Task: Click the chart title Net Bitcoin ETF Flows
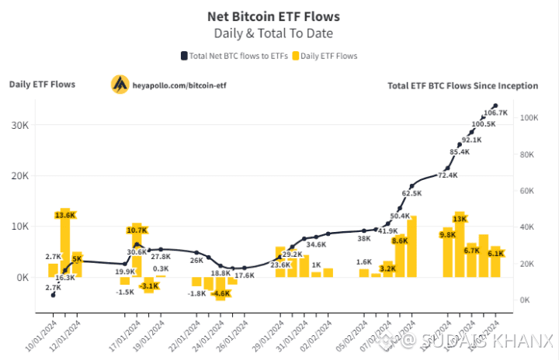click(x=273, y=16)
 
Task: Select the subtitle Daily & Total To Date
click(x=273, y=33)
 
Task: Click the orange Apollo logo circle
click(x=120, y=84)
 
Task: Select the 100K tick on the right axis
click(x=530, y=118)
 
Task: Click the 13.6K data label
click(x=65, y=214)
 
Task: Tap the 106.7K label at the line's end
click(x=495, y=113)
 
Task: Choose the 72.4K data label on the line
click(x=447, y=176)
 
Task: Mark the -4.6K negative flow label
click(x=221, y=294)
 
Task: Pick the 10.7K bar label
click(x=137, y=230)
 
